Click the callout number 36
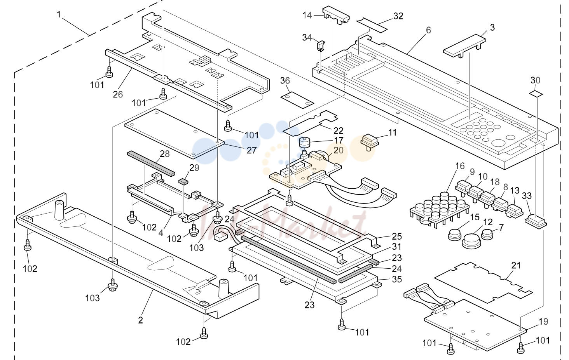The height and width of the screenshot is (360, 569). coord(285,80)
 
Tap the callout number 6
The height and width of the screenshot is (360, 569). coord(428,30)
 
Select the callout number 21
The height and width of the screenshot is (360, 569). coord(516,266)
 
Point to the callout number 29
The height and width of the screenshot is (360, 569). coord(194,168)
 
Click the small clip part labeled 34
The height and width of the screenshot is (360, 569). coord(321,46)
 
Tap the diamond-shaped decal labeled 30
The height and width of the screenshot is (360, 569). coord(536,94)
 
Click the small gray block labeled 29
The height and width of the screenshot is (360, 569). coord(183,181)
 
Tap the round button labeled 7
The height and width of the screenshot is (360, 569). coord(487,234)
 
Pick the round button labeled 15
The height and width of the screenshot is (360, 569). coord(454,235)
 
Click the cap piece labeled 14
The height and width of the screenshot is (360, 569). coord(336,15)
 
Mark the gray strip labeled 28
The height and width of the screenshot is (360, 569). coord(151,164)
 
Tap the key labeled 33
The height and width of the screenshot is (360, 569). coord(536,222)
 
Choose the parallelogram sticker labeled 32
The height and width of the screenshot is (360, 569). coord(372,25)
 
